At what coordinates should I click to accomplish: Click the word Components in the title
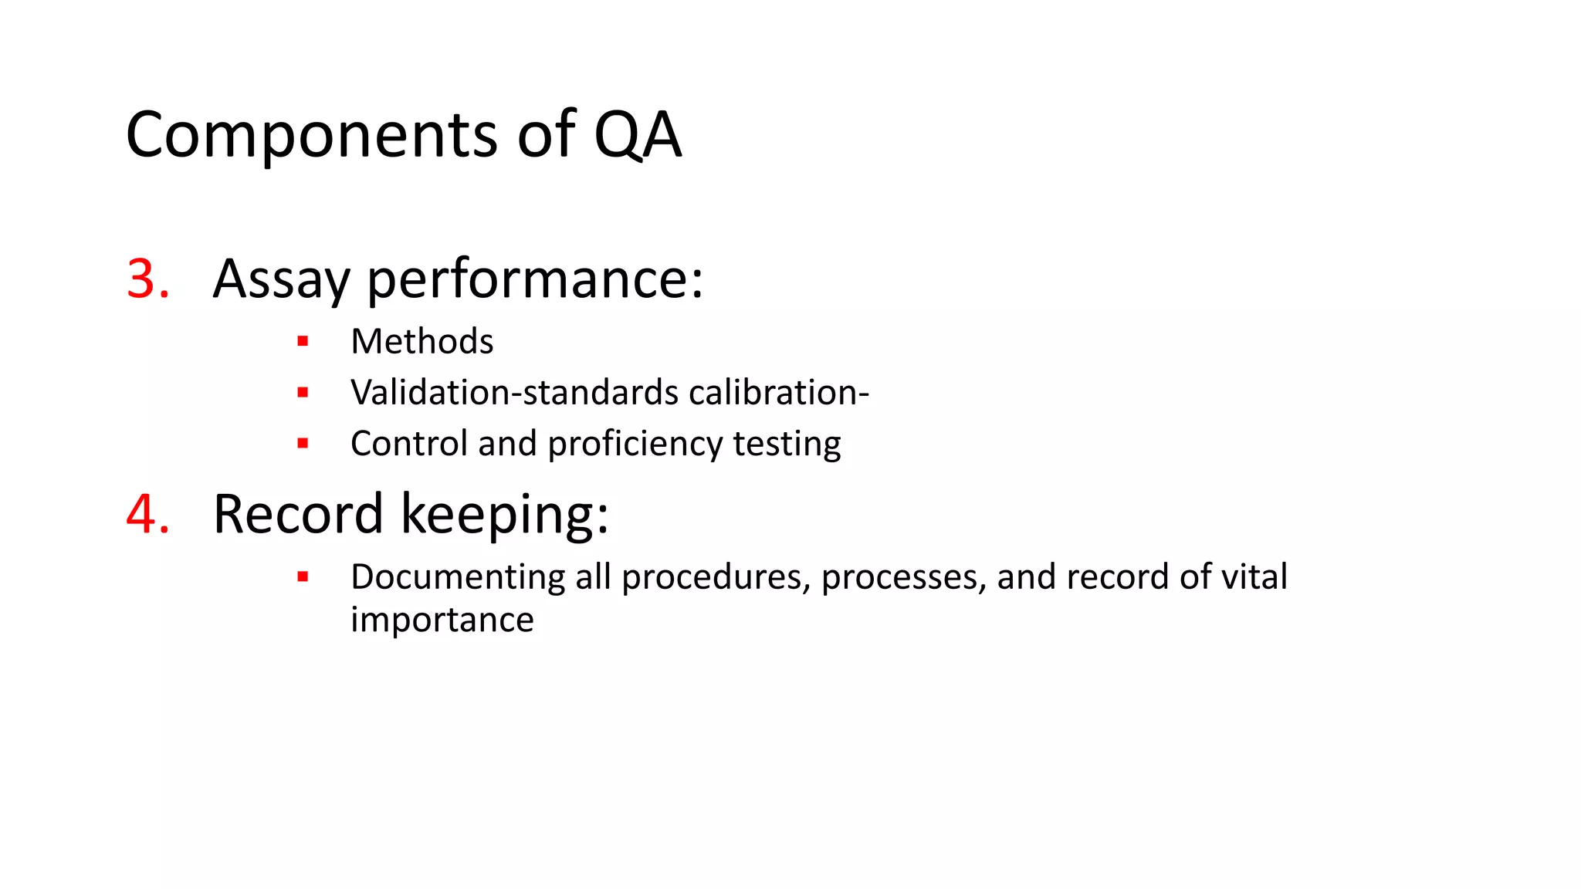click(x=312, y=136)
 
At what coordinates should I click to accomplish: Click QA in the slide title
click(x=637, y=136)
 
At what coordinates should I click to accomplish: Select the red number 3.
click(x=147, y=279)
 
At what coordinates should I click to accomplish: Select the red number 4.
click(x=147, y=514)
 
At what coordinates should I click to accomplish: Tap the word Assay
click(x=281, y=279)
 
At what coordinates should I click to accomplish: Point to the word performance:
click(x=534, y=279)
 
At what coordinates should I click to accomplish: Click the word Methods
click(x=421, y=342)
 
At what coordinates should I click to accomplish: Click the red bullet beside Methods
click(x=303, y=341)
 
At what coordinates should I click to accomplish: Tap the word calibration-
click(x=779, y=392)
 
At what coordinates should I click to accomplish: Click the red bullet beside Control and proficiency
click(x=303, y=443)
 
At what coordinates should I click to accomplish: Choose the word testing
click(x=787, y=444)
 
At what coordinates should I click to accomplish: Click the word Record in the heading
click(x=298, y=514)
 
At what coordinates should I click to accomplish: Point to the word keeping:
click(x=505, y=514)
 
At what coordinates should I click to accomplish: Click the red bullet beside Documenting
click(x=303, y=576)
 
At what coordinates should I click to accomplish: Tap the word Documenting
click(x=458, y=577)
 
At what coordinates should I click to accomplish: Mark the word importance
click(x=442, y=620)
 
